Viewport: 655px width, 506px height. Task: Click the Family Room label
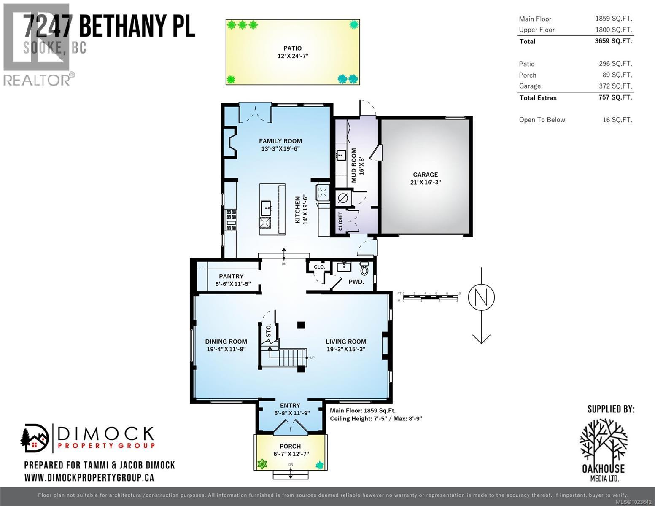click(280, 141)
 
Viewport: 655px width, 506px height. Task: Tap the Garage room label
click(425, 175)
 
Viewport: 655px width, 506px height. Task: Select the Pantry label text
click(231, 276)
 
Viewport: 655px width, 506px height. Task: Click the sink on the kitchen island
click(266, 207)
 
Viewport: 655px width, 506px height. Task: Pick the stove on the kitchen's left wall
click(231, 220)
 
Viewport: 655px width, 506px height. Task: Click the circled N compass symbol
click(481, 297)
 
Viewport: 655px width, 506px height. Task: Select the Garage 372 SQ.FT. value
click(617, 86)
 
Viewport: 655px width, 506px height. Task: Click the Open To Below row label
click(542, 120)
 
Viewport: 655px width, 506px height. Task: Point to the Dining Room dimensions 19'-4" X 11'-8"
click(226, 349)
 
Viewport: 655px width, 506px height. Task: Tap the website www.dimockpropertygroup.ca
click(89, 477)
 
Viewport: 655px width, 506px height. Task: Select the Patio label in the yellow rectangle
click(292, 48)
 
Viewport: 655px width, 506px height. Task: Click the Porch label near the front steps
click(290, 446)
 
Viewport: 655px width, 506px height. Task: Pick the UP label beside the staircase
click(312, 358)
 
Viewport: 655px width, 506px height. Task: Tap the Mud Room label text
click(353, 165)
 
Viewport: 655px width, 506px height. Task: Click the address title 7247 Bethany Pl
click(109, 26)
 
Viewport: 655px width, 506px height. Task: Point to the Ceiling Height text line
click(376, 418)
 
